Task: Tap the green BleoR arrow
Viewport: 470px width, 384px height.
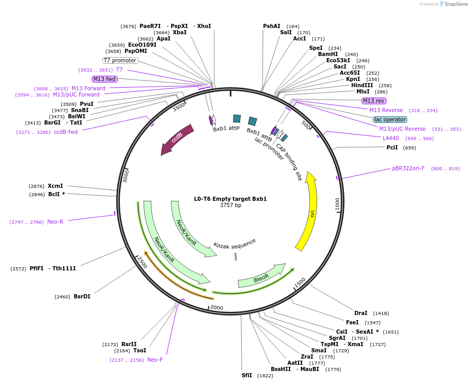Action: click(261, 277)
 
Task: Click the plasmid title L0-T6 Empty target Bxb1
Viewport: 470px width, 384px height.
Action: click(230, 199)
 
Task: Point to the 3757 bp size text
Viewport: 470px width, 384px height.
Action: click(230, 205)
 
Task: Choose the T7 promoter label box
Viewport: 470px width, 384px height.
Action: click(120, 60)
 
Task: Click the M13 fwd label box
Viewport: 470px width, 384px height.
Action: click(104, 79)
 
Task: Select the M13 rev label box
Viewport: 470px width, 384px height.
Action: click(374, 101)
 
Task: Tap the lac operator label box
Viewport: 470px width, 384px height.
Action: click(390, 119)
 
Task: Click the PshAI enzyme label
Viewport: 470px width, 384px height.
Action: click(271, 26)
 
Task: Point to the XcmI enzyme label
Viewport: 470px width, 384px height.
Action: click(55, 186)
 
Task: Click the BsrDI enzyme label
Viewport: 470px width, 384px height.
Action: click(82, 297)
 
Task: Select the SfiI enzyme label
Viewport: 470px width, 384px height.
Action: click(246, 375)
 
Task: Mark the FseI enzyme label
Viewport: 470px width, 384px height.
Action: click(353, 322)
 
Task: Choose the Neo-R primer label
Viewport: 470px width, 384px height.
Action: click(55, 222)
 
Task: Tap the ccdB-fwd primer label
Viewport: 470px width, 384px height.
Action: click(66, 132)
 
